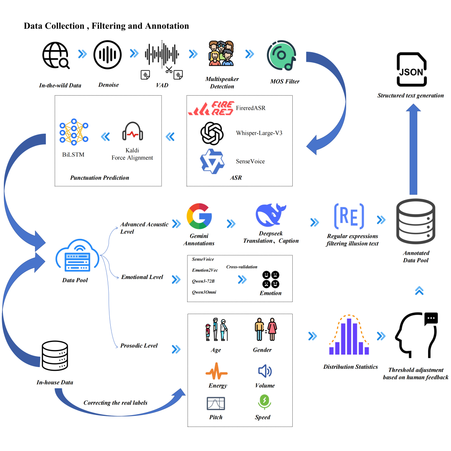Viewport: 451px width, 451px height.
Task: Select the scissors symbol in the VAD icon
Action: coord(169,70)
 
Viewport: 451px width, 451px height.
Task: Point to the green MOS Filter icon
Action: coord(282,56)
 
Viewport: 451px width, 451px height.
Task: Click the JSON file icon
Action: coord(411,68)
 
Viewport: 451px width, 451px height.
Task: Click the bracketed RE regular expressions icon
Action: coord(349,216)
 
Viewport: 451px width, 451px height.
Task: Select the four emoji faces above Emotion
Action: coord(271,279)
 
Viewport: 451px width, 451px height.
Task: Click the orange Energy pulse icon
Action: coord(216,371)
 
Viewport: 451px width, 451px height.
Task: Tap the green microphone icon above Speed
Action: coord(264,401)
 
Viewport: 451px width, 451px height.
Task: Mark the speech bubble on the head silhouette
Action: coord(431,319)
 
